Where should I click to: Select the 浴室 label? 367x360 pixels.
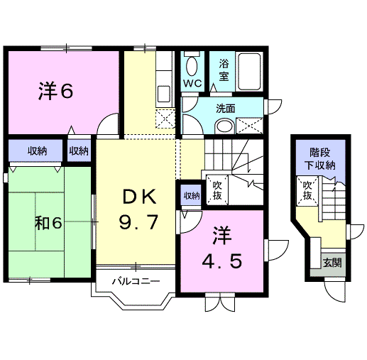tap(224, 70)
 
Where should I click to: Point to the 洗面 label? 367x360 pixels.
tap(225, 109)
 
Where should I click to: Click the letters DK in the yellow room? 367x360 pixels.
tap(141, 195)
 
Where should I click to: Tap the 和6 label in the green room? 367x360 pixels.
tap(48, 222)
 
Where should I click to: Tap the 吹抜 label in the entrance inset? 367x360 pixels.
tap(307, 192)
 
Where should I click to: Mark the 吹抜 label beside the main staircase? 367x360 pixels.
tap(217, 190)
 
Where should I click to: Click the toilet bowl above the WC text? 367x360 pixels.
tap(192, 67)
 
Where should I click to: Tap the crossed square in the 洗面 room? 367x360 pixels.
tap(251, 125)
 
